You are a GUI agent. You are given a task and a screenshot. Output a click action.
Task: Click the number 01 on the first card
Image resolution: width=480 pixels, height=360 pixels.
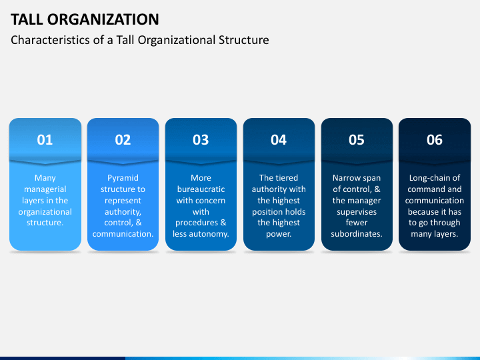(x=45, y=140)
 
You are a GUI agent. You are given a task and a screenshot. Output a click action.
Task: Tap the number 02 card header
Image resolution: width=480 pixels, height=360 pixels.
(x=123, y=140)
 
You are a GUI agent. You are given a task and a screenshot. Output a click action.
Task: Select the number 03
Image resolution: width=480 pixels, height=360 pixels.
(x=201, y=140)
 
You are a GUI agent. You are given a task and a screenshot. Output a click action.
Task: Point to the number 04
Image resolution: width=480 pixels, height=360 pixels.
(x=279, y=140)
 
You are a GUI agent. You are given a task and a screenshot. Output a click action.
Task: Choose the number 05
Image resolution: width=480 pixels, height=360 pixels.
(x=357, y=140)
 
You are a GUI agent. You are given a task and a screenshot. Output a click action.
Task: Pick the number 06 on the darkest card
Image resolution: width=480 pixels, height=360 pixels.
(x=435, y=140)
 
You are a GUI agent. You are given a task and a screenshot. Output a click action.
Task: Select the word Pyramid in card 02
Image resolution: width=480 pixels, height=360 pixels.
(x=123, y=178)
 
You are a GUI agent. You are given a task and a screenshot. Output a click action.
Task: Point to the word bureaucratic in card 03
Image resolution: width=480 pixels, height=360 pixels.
(x=201, y=189)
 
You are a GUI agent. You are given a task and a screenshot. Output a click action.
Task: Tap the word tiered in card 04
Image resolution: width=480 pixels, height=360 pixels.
(x=288, y=178)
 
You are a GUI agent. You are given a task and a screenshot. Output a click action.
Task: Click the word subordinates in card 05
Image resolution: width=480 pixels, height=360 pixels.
(x=357, y=234)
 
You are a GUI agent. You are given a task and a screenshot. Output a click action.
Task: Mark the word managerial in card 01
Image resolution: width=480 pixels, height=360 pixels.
(x=45, y=189)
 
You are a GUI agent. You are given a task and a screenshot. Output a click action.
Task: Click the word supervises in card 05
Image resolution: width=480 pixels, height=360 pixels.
(x=357, y=212)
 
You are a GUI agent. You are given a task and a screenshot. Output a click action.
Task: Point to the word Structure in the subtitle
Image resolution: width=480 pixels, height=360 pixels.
(x=244, y=40)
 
